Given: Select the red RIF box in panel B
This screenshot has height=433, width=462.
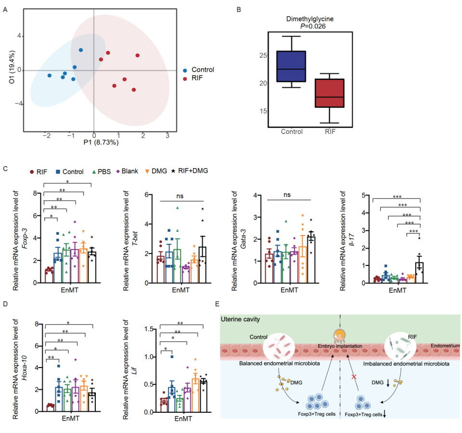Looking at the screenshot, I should point(329,93).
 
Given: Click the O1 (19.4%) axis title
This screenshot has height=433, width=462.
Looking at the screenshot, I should point(12,69).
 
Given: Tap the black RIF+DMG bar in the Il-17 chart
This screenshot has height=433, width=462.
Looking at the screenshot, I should point(419,272).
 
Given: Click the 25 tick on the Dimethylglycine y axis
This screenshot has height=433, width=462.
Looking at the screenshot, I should point(262,55).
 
